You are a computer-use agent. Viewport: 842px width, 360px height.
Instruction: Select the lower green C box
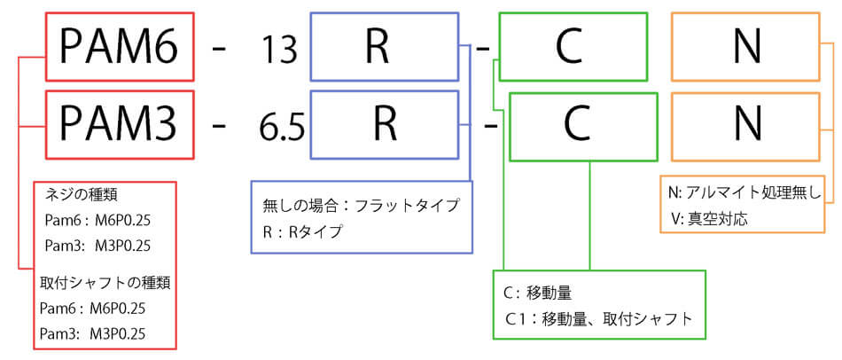pyautogui.click(x=577, y=126)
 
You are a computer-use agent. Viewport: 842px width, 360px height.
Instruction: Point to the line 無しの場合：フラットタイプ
pyautogui.click(x=361, y=206)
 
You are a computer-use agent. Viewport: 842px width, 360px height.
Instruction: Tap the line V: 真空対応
pyautogui.click(x=709, y=217)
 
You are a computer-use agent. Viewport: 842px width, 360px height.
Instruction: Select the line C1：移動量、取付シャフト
pyautogui.click(x=597, y=317)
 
